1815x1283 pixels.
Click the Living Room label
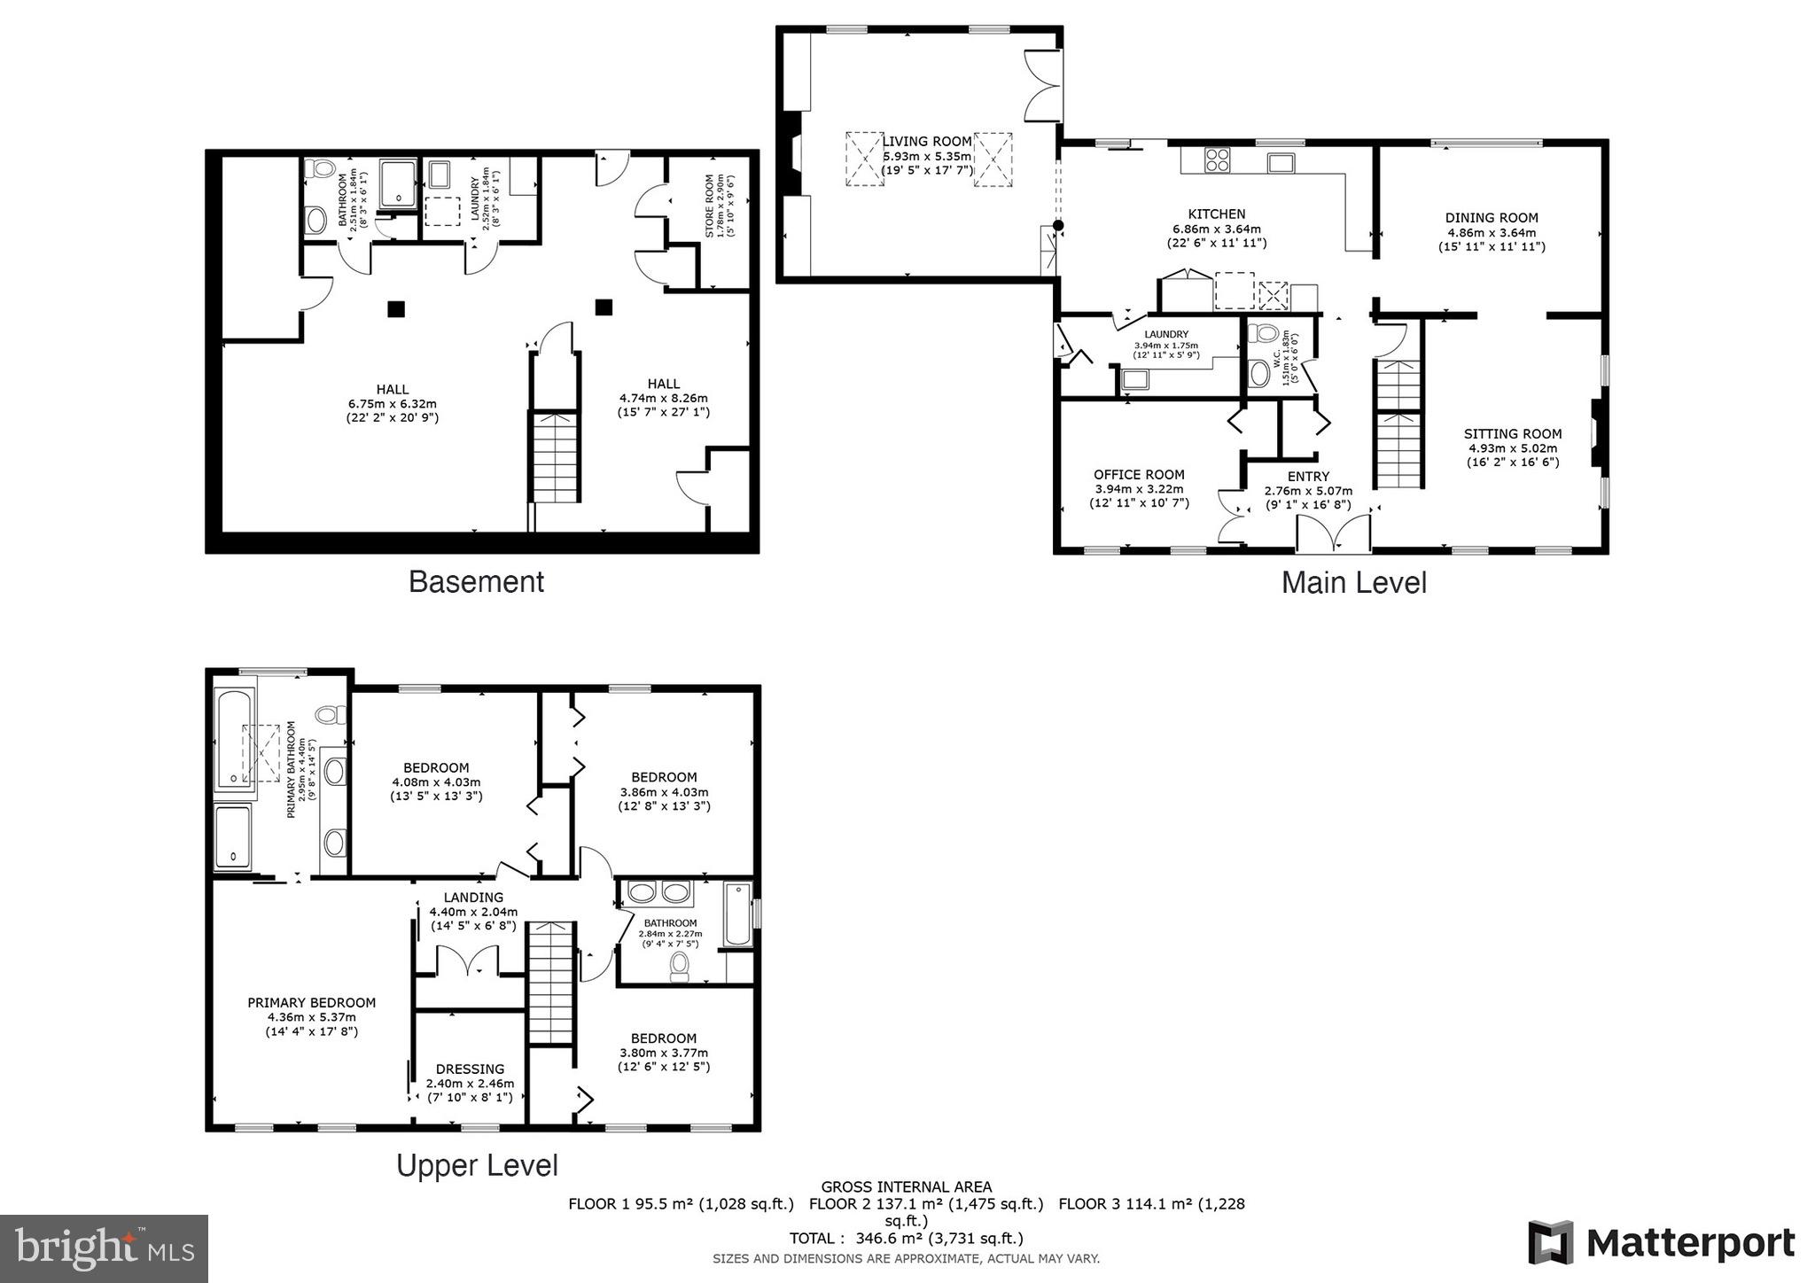click(x=927, y=142)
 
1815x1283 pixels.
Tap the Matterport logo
click(x=1661, y=1242)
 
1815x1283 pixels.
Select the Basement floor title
click(x=476, y=582)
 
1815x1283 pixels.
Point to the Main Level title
click(x=1353, y=583)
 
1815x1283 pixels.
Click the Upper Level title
click(x=477, y=1165)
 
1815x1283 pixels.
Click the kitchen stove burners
click(x=1218, y=160)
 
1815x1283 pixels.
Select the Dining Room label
click(x=1492, y=218)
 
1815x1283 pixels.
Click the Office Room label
click(x=1139, y=475)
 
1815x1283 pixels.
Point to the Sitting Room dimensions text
click(x=1512, y=455)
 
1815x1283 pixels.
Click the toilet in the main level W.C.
click(x=1261, y=334)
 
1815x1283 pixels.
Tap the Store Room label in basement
click(x=710, y=206)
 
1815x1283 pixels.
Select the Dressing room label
click(x=470, y=1069)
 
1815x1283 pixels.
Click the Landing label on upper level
click(x=473, y=898)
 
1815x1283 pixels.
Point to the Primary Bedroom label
click(x=311, y=1003)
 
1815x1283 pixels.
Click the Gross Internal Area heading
click(x=906, y=1186)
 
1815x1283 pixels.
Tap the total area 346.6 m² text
click(x=906, y=1239)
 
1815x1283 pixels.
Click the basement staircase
click(x=556, y=456)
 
